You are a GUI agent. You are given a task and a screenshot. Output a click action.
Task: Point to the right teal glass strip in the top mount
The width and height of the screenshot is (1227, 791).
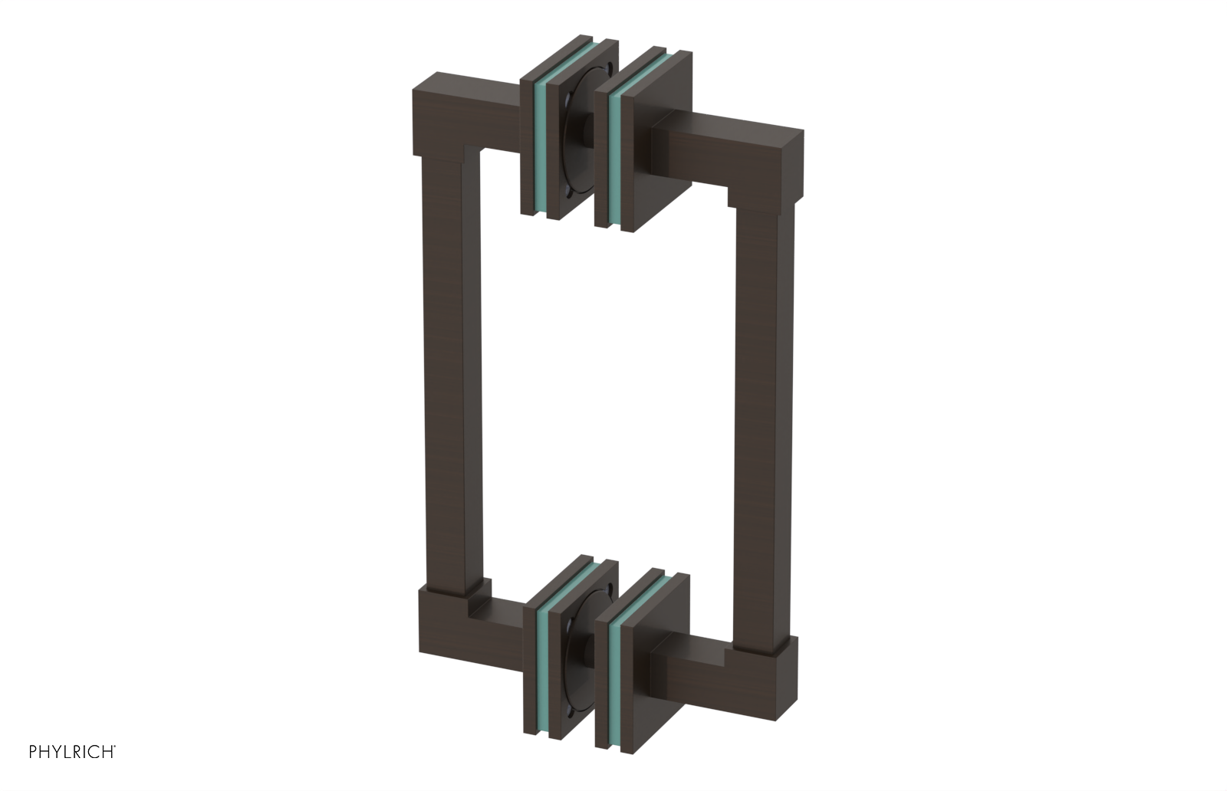tap(613, 161)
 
